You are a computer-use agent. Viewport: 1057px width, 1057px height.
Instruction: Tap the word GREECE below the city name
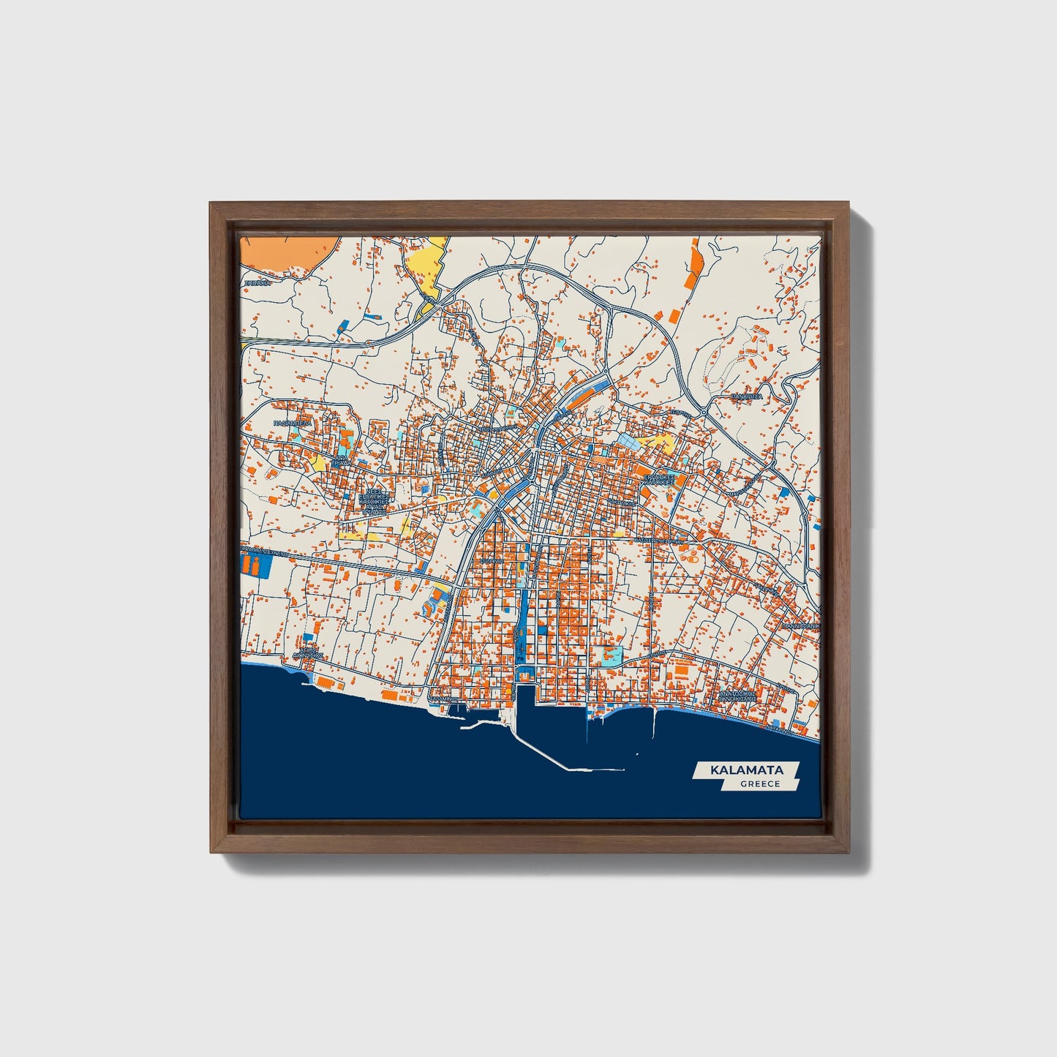[759, 784]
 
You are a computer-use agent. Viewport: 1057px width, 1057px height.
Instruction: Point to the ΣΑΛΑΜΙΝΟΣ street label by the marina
[443, 699]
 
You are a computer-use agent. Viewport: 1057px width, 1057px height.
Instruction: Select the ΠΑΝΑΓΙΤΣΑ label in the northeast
[747, 396]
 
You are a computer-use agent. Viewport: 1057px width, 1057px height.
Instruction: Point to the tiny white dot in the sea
[637, 754]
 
